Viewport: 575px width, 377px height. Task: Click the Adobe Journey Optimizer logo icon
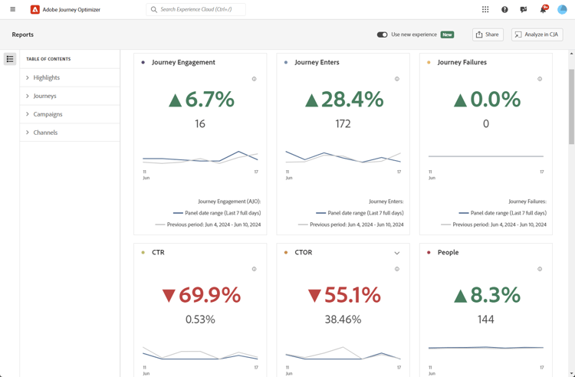(34, 10)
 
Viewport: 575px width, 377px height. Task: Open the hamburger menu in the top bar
(12, 10)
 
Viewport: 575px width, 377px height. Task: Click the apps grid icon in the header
(485, 10)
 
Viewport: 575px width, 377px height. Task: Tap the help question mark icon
(504, 10)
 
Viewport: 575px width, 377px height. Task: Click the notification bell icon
(543, 10)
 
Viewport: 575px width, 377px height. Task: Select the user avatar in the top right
(562, 10)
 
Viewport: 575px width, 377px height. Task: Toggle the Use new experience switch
(382, 34)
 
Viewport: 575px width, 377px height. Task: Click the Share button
(488, 34)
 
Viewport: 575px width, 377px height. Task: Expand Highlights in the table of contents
(46, 77)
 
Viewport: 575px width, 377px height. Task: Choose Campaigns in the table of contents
(48, 114)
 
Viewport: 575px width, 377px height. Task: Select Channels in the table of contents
(45, 133)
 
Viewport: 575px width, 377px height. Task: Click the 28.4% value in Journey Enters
(343, 99)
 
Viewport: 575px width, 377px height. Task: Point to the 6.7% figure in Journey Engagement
(200, 99)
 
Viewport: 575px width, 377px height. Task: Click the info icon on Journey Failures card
(540, 79)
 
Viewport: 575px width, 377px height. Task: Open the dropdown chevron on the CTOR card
(397, 253)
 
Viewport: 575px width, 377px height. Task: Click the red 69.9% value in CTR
(201, 295)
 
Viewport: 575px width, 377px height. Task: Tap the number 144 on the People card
(486, 319)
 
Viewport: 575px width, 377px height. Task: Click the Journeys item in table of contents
(44, 96)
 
